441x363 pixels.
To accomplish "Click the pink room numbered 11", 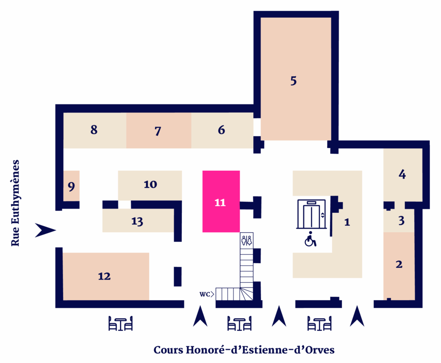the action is pos(221,201).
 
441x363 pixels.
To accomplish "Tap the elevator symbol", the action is pos(312,214).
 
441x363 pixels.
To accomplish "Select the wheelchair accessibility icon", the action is pos(310,239).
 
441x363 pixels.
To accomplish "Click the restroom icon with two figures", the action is pos(247,240).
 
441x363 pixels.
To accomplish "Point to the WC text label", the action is pos(205,294).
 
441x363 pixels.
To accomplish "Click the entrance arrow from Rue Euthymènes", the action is pos(45,230).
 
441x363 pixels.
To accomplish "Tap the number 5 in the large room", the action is pos(293,81).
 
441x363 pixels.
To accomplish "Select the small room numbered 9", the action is pos(71,186).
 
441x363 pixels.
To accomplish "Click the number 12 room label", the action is pos(104,276).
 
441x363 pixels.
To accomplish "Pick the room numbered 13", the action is pos(138,220).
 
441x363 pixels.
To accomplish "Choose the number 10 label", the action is pos(150,185).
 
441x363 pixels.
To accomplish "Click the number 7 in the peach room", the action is pos(158,131).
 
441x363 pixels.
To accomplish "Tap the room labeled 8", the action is pos(94,130).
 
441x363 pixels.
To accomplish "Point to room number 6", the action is pos(222,130).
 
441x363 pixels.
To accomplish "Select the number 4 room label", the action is pos(402,174).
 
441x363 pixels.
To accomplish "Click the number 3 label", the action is pos(401,221).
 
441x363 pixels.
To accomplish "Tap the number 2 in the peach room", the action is pos(399,265).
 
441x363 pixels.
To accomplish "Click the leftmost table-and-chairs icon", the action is pos(121,323).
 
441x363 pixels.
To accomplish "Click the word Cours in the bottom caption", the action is pos(168,350).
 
